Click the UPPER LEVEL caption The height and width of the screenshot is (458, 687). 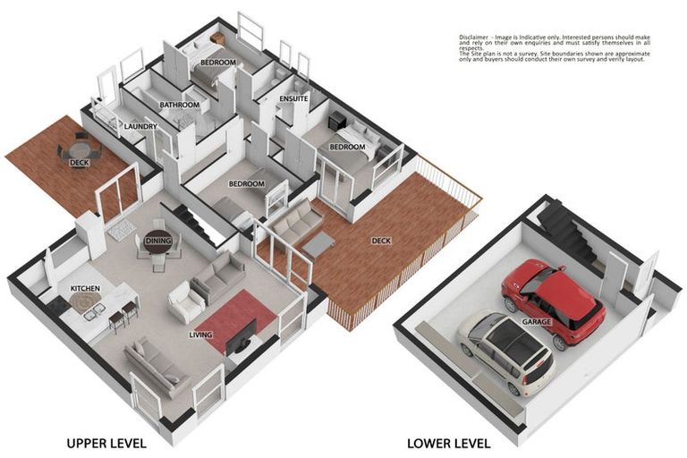[x=106, y=442]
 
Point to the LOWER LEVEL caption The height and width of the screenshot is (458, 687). [x=448, y=442]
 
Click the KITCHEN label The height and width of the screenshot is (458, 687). [x=86, y=289]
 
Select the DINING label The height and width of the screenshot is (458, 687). [x=158, y=241]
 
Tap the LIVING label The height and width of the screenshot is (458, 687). [x=200, y=335]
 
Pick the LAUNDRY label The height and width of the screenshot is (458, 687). [x=140, y=127]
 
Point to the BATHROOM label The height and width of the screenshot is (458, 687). [x=179, y=105]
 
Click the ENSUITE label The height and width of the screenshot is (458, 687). [x=293, y=98]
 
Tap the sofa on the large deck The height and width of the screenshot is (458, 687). [x=295, y=220]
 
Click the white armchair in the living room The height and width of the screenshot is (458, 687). [x=185, y=302]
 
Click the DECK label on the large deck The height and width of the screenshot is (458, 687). [x=381, y=240]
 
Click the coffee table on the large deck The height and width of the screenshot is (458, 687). [x=318, y=243]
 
